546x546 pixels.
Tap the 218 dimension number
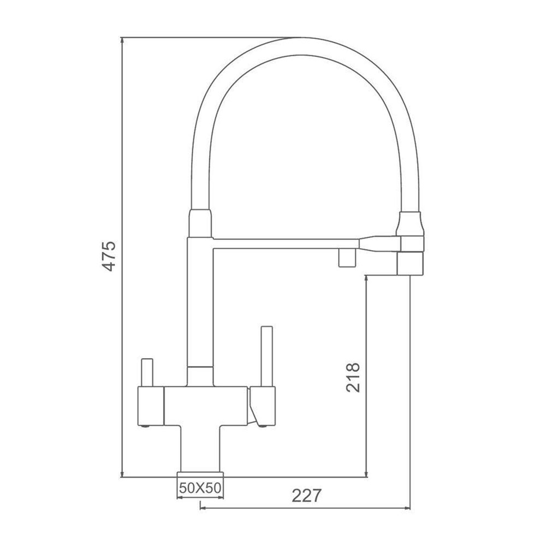[353, 377]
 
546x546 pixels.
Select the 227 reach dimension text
[306, 496]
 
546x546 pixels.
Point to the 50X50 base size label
[200, 488]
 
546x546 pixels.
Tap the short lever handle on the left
[146, 372]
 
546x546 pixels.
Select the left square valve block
[151, 406]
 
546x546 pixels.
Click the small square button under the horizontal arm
[347, 258]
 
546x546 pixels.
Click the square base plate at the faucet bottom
[200, 474]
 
